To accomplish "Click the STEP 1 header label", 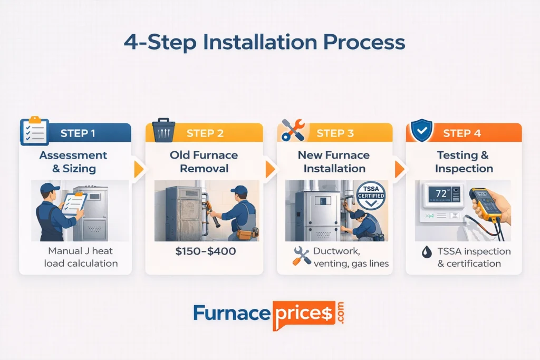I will click(78, 133).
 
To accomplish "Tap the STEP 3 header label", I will click(335, 133).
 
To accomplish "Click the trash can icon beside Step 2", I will click(163, 131).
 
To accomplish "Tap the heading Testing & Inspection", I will click(464, 162).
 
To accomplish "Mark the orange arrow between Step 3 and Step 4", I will click(399, 169).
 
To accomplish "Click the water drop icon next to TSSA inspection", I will click(425, 251).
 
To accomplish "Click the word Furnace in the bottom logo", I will click(232, 313).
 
